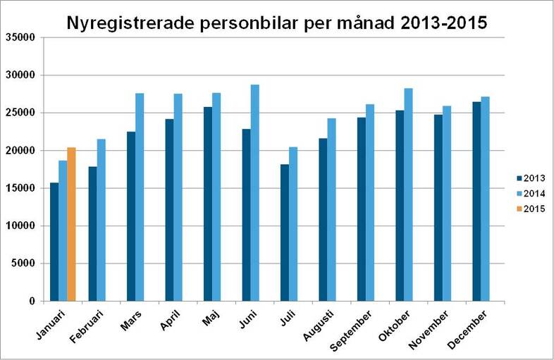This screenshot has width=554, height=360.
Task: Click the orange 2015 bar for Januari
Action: click(71, 224)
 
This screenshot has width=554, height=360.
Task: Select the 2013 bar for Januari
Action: click(54, 242)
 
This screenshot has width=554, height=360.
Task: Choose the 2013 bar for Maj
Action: click(207, 204)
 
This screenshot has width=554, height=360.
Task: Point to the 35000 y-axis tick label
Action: click(21, 37)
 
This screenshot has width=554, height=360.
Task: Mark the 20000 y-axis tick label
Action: click(21, 150)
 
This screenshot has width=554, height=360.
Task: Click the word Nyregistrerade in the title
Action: click(134, 23)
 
